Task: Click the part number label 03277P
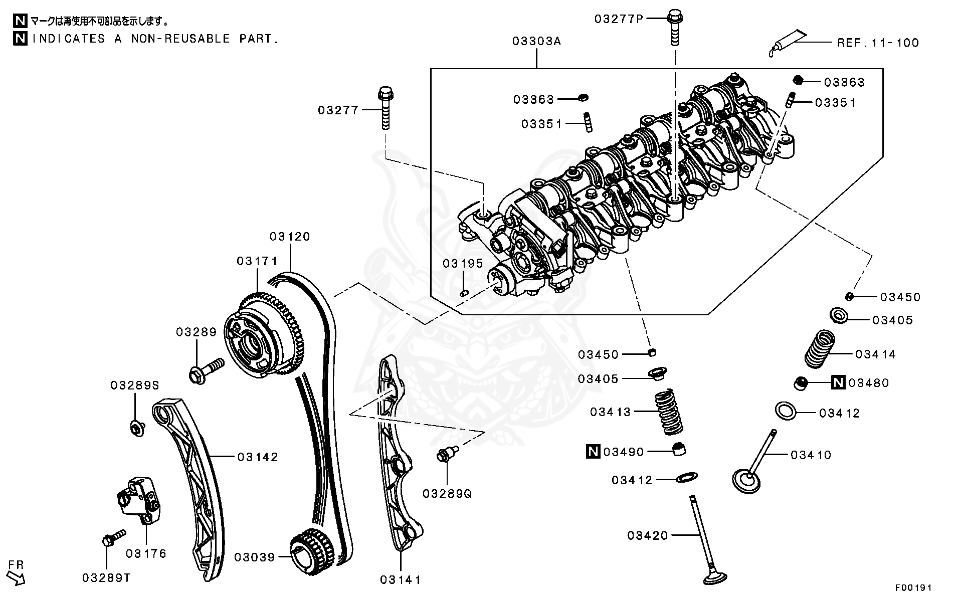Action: pyautogui.click(x=618, y=19)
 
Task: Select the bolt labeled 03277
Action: pyautogui.click(x=385, y=108)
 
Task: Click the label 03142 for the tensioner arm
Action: pyautogui.click(x=258, y=457)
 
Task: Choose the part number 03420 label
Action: pyautogui.click(x=647, y=536)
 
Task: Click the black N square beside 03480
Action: pyautogui.click(x=838, y=383)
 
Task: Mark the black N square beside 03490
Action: pyautogui.click(x=593, y=452)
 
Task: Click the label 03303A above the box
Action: pyautogui.click(x=536, y=41)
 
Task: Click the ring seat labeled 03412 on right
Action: pyautogui.click(x=786, y=411)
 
